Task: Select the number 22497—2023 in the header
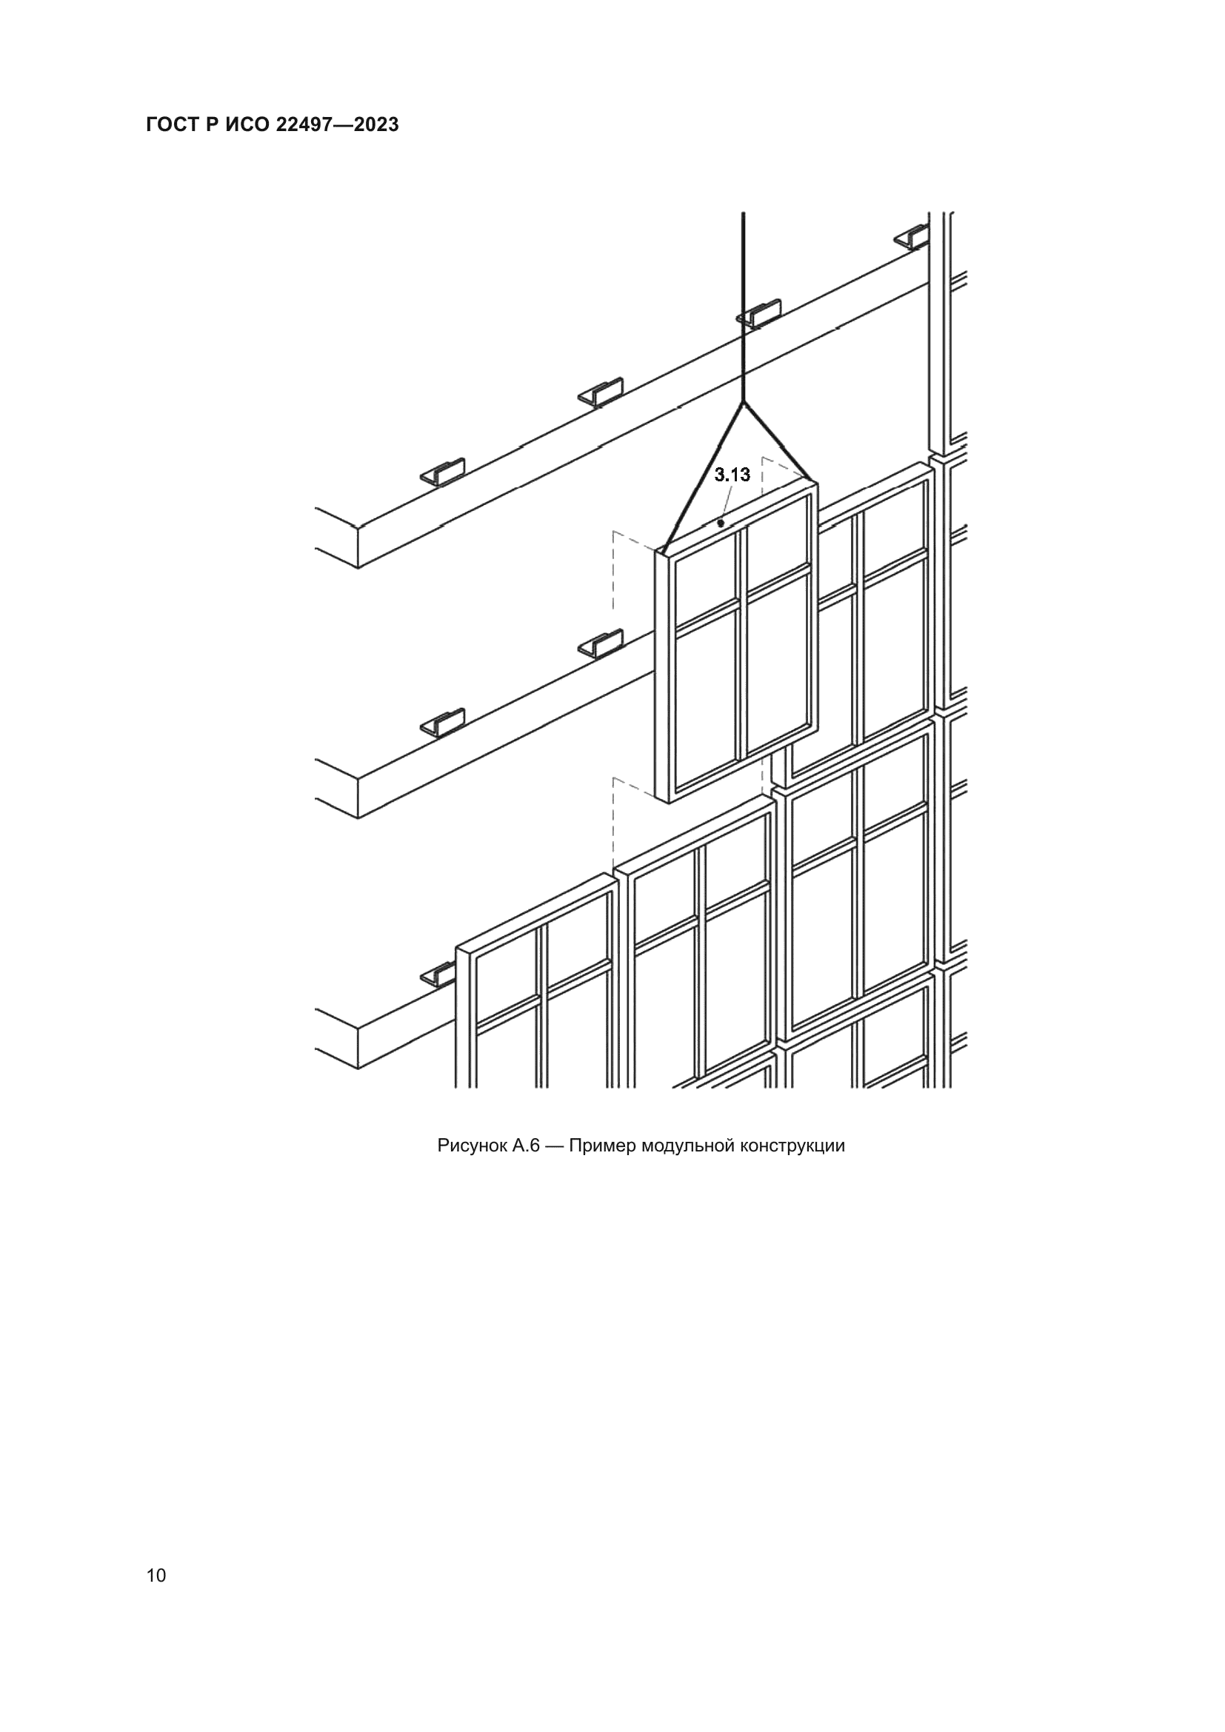click(337, 125)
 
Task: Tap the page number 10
click(156, 1576)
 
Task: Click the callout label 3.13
click(732, 475)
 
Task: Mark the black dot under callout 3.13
click(721, 523)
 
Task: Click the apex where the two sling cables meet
click(744, 403)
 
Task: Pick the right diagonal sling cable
click(779, 441)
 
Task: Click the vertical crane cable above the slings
click(744, 307)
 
